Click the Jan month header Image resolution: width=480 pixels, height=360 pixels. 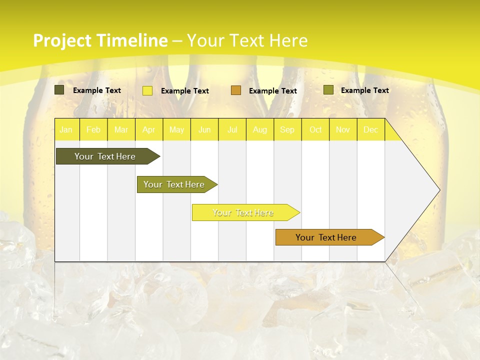click(66, 129)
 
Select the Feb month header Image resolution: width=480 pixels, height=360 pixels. click(93, 129)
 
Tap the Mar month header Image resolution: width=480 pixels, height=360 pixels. click(121, 129)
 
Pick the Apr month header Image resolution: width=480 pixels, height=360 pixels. click(149, 129)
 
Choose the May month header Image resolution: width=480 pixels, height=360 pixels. click(176, 129)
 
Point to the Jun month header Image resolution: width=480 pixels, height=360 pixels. click(204, 129)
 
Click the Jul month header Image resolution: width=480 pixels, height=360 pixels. click(232, 129)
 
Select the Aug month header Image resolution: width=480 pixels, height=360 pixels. click(260, 129)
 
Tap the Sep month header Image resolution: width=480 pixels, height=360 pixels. click(287, 129)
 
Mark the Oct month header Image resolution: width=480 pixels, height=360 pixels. click(315, 129)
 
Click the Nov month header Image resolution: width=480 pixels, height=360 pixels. click(343, 129)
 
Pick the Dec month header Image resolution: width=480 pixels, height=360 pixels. click(370, 129)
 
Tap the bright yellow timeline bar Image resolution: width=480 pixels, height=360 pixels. click(243, 212)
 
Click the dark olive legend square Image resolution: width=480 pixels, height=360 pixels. click(59, 90)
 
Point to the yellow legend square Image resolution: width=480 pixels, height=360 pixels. click(147, 90)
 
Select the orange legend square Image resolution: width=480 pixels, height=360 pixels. click(236, 90)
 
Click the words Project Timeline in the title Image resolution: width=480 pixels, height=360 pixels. click(100, 40)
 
